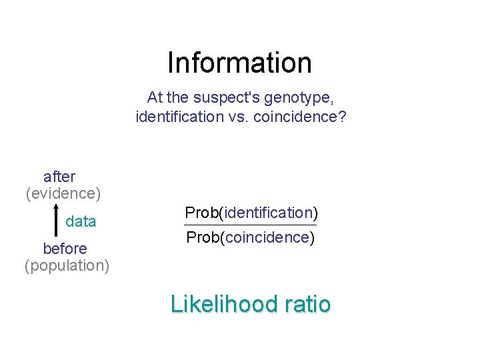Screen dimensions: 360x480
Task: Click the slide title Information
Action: (x=239, y=63)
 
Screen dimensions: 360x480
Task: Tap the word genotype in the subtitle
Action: (x=298, y=97)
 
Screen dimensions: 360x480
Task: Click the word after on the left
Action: (x=59, y=177)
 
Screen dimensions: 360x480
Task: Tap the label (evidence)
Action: (x=63, y=193)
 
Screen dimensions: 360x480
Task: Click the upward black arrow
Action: (x=53, y=220)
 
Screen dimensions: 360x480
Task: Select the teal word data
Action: (x=81, y=221)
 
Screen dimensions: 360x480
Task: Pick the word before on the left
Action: (x=65, y=249)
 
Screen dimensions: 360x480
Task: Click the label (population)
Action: (x=67, y=265)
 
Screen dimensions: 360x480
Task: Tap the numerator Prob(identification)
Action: (x=251, y=213)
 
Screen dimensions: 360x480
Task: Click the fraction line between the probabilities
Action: (x=251, y=225)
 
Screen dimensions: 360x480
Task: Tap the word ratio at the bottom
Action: (x=307, y=304)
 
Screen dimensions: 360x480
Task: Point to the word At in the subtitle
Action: (x=154, y=97)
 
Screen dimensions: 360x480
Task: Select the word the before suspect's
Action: (x=178, y=97)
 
